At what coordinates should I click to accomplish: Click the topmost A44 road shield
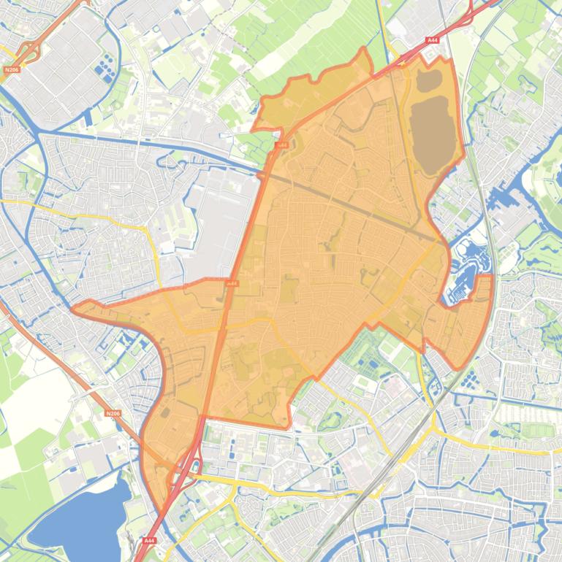pos(433,40)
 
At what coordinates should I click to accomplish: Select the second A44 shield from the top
pos(281,145)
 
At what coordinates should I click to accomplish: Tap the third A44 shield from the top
pos(232,283)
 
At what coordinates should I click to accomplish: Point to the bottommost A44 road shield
pos(149,540)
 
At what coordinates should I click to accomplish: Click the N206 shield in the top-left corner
pos(11,70)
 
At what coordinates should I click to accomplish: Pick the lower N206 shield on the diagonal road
pos(112,413)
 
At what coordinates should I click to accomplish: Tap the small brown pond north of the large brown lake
pos(429,77)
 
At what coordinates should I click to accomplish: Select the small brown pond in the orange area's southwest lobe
pos(166,413)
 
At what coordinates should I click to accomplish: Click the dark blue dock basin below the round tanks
pos(88,118)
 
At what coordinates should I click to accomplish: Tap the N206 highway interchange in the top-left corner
pos(29,51)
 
